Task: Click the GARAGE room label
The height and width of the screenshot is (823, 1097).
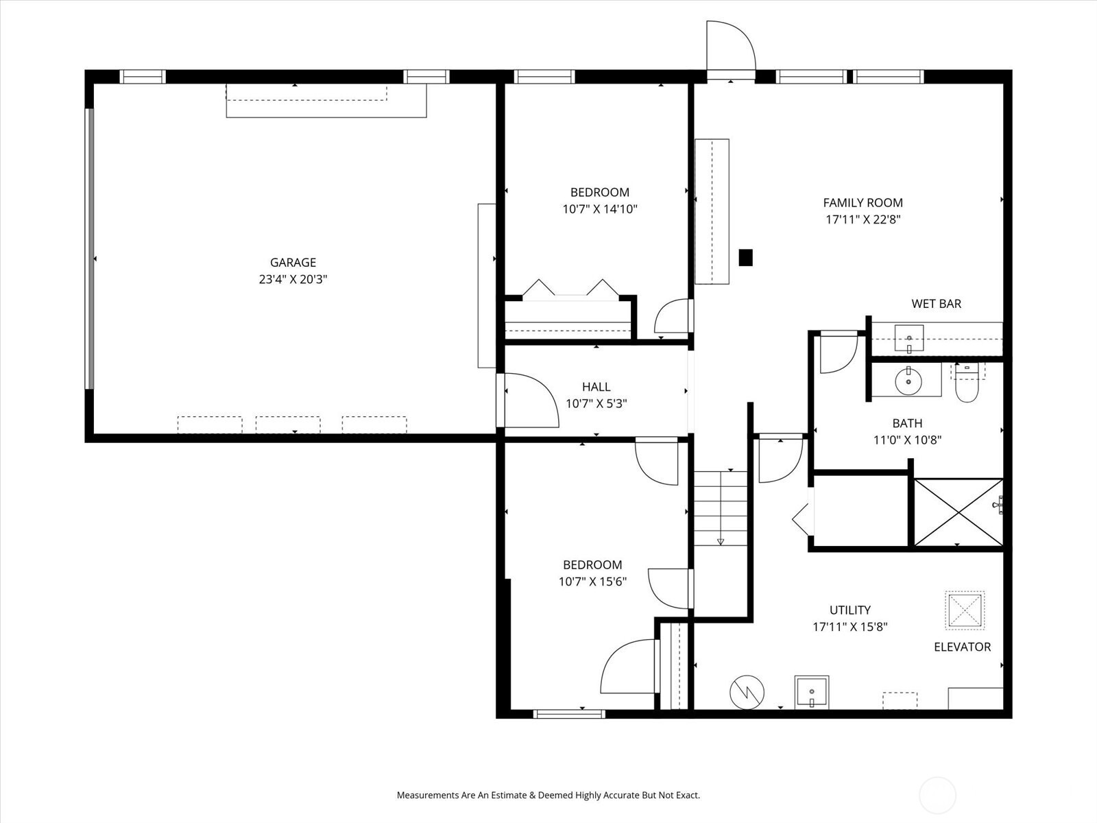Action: tap(293, 262)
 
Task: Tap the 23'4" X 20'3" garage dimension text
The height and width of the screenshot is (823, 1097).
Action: tap(293, 279)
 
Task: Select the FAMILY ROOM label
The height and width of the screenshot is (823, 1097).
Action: tap(863, 202)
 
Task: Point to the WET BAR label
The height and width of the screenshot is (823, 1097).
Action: tap(936, 303)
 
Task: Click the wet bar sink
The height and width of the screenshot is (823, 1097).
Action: tap(909, 339)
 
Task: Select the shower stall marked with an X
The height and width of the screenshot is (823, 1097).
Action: tap(958, 512)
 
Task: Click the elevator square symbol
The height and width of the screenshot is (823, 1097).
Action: tap(965, 610)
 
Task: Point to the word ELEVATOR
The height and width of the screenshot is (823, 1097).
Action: tap(962, 647)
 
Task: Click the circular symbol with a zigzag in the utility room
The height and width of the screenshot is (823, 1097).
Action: tap(747, 692)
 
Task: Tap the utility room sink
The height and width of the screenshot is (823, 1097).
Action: tap(812, 692)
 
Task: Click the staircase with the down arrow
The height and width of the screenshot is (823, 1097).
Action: tap(720, 508)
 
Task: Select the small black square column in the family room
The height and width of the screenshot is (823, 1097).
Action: tap(745, 257)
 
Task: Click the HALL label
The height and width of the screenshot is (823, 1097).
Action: tap(596, 387)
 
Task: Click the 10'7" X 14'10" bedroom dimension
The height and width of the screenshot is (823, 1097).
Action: tap(600, 209)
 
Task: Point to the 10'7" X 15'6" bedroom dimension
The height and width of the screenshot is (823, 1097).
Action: tap(592, 582)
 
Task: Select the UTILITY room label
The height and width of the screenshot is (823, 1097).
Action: tap(849, 610)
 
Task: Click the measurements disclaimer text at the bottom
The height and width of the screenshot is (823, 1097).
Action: tap(548, 795)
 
